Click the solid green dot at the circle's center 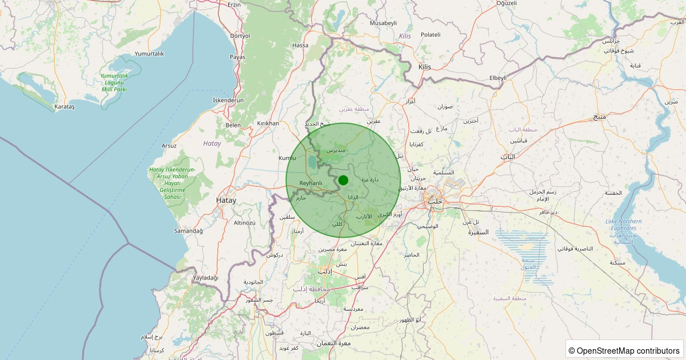click(343, 180)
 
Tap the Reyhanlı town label click(311, 183)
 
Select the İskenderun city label click(228, 100)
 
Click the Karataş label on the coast click(64, 107)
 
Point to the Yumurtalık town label click(149, 54)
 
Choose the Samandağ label click(189, 231)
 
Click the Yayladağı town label click(206, 278)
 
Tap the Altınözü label click(245, 222)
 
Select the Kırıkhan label click(268, 123)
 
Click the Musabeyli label click(383, 23)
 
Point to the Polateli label click(430, 35)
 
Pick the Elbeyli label click(498, 78)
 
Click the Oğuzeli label click(490, 3)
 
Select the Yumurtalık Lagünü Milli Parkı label click(114, 83)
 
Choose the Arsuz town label click(169, 146)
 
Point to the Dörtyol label click(240, 35)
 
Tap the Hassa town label click(300, 45)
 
